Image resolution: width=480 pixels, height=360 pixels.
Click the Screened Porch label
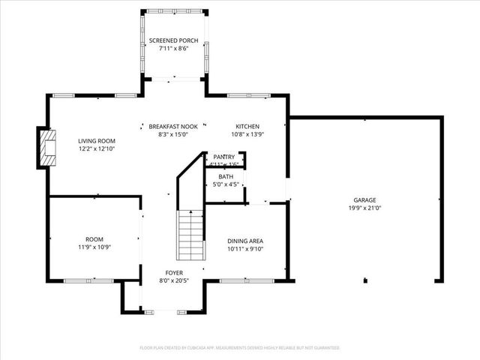(174, 40)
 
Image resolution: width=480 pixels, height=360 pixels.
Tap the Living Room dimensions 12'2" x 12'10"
(96, 148)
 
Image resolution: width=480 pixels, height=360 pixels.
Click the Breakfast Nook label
(172, 126)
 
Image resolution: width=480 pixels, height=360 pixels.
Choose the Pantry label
(224, 156)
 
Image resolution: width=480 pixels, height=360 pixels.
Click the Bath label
(225, 176)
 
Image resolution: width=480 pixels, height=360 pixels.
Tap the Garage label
(365, 200)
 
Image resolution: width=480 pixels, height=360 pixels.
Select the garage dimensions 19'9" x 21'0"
(365, 208)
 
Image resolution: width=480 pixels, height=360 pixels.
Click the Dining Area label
(245, 241)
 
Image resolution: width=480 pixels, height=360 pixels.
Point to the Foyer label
(174, 273)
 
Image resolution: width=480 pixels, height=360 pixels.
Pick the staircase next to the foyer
(190, 235)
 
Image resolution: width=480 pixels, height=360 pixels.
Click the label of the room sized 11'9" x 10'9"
(94, 239)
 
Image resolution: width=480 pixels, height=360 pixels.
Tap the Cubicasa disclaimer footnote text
(240, 348)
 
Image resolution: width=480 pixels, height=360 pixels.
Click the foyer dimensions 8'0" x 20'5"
(174, 280)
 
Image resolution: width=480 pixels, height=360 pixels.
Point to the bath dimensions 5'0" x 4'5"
(225, 184)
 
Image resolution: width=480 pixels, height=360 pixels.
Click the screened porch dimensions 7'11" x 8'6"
(174, 48)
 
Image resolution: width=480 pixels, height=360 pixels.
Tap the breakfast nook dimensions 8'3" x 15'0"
(172, 134)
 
